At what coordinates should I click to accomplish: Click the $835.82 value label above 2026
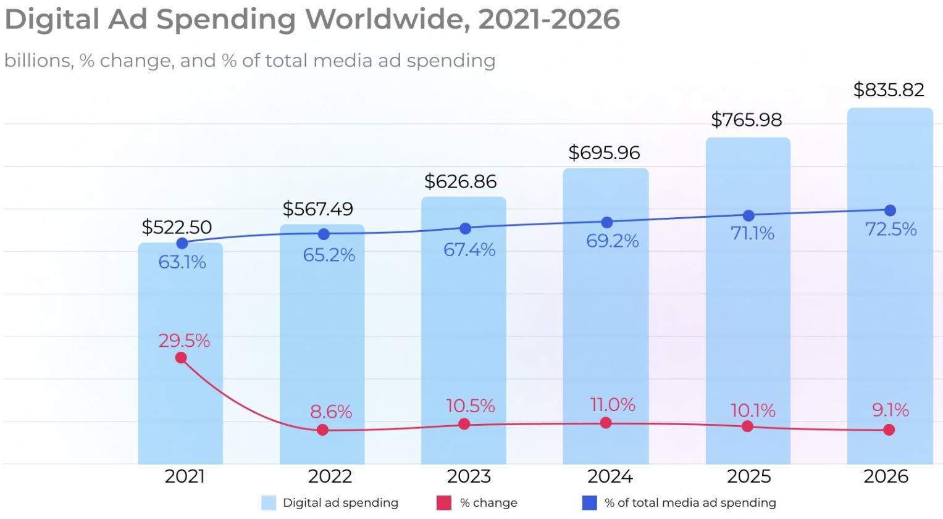[888, 90]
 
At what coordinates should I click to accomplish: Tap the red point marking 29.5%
[181, 358]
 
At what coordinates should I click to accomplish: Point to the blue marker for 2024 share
[606, 222]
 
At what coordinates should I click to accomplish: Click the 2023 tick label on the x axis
[469, 476]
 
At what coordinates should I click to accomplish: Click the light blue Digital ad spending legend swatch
[269, 503]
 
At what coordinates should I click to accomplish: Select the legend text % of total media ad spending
[690, 503]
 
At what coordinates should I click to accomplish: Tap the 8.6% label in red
[331, 412]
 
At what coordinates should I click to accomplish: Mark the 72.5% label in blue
[891, 230]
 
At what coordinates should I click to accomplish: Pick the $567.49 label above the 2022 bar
[317, 209]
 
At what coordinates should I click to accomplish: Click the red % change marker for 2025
[747, 426]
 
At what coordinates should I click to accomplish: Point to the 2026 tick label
[886, 476]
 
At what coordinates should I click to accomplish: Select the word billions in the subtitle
[37, 60]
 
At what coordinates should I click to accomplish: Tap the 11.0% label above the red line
[612, 405]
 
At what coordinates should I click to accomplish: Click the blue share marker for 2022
[324, 235]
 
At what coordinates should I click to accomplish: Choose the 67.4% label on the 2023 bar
[469, 250]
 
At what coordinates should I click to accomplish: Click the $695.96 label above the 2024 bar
[604, 152]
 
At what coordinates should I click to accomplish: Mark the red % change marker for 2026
[889, 430]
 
